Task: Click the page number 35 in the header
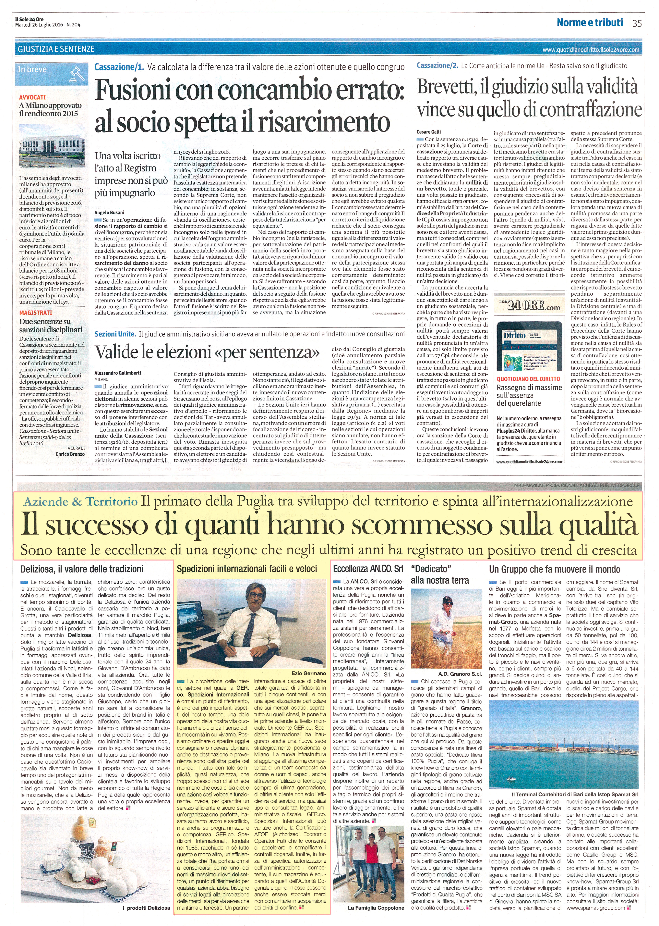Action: [637, 23]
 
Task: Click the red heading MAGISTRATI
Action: [36, 313]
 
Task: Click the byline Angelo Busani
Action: [109, 212]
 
